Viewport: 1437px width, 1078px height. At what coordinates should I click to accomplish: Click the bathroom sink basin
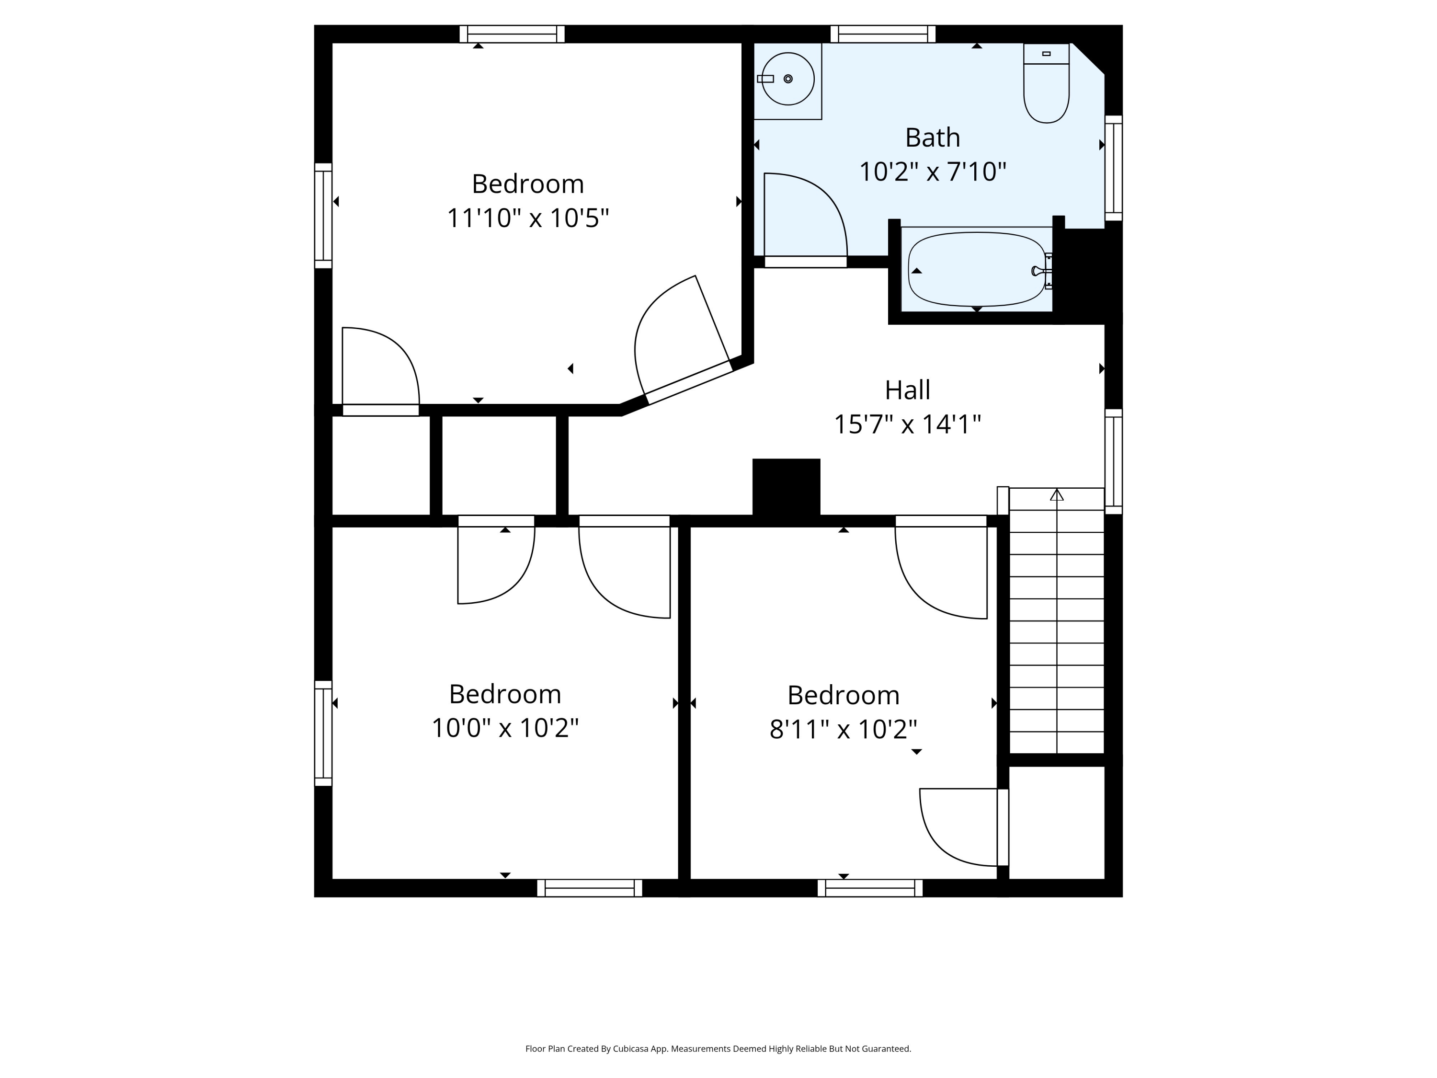(x=788, y=79)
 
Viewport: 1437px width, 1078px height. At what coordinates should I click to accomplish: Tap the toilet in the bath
(x=1046, y=83)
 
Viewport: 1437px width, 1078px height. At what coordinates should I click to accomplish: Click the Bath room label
(x=932, y=138)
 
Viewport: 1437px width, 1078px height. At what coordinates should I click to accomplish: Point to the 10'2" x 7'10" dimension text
(x=932, y=172)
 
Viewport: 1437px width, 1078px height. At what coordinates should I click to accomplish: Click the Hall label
(x=908, y=390)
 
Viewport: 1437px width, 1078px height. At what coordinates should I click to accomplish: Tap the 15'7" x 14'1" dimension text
(x=908, y=425)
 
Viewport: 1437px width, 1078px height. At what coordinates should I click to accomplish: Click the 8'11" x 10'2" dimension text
(x=843, y=730)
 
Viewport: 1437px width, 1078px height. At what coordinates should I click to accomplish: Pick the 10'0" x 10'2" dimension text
(x=505, y=728)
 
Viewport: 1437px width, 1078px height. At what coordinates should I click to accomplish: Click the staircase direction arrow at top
(x=1057, y=495)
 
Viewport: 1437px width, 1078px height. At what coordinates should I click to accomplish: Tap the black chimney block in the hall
(x=786, y=487)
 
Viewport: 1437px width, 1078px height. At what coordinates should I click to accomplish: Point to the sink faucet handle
(x=765, y=79)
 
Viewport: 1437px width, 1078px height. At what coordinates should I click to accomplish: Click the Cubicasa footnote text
(x=718, y=1048)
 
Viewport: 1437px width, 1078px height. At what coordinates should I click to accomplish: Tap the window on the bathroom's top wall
(x=883, y=34)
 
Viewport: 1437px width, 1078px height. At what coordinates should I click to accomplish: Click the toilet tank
(x=1046, y=54)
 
